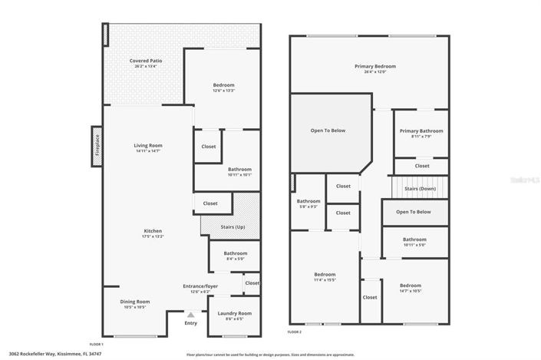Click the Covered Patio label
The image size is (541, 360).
tap(145, 60)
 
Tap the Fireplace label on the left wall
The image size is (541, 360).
tap(97, 145)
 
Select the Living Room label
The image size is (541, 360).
tap(148, 145)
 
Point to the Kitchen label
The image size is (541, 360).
tap(153, 231)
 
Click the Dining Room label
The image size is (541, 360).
tap(134, 302)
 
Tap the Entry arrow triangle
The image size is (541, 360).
tap(191, 315)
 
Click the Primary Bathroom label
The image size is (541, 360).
tap(420, 131)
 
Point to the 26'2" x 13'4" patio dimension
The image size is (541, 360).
tap(145, 66)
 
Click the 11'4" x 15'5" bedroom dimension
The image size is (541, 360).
tap(325, 280)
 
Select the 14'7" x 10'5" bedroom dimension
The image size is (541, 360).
tap(411, 291)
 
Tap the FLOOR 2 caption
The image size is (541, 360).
tap(294, 332)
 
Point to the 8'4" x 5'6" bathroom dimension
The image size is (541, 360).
tap(235, 259)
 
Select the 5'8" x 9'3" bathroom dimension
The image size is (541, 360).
tap(308, 206)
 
